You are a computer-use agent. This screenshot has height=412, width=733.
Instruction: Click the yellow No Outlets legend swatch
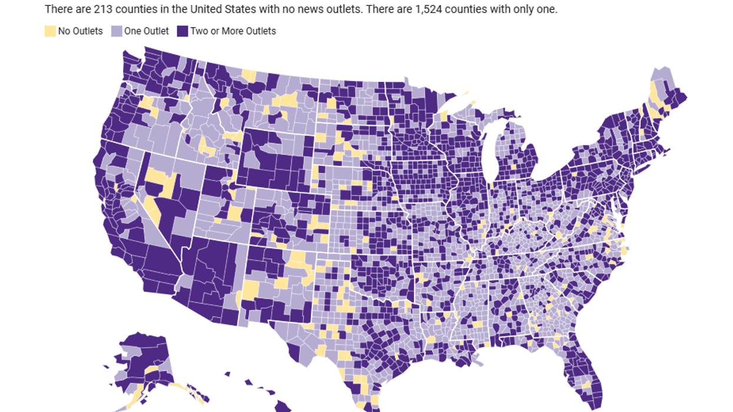point(51,31)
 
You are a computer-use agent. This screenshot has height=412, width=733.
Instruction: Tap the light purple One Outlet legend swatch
point(117,31)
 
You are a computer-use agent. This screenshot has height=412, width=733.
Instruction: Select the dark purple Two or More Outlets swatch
point(183,31)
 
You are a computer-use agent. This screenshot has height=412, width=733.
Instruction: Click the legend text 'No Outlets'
point(80,31)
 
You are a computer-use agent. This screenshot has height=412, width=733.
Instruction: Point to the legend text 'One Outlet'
point(146,31)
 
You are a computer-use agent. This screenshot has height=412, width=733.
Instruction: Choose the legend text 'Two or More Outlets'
point(233,31)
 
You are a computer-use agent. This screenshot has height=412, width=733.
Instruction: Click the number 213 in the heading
point(102,9)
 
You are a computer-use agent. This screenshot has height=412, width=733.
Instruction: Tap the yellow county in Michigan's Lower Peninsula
point(513,167)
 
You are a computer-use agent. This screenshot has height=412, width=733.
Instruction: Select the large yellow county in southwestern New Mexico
point(250,290)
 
